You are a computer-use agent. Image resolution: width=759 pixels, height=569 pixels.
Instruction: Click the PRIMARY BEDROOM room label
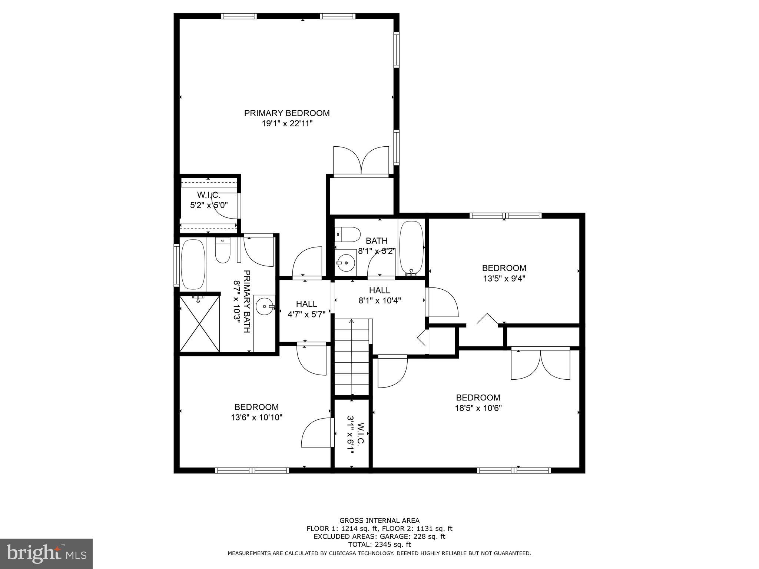pos(287,113)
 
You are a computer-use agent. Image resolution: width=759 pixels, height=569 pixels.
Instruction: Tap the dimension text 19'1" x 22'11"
pos(287,124)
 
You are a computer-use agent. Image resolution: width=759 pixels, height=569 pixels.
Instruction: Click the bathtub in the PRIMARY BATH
pos(193,264)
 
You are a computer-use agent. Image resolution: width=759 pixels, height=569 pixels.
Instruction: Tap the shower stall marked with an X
pos(199,323)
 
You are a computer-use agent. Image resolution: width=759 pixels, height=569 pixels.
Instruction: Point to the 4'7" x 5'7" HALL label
pos(306,309)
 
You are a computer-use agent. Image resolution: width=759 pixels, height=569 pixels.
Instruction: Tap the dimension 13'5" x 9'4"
pos(504,278)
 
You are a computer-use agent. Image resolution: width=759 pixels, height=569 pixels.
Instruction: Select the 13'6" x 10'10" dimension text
pos(256,417)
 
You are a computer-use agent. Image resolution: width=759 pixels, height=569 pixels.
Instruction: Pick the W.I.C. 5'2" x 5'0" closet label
pos(209,200)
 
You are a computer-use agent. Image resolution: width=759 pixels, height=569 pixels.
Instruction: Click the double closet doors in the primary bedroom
pos(361,160)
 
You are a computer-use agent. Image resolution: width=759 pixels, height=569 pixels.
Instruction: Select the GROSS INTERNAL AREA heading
pos(379,520)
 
